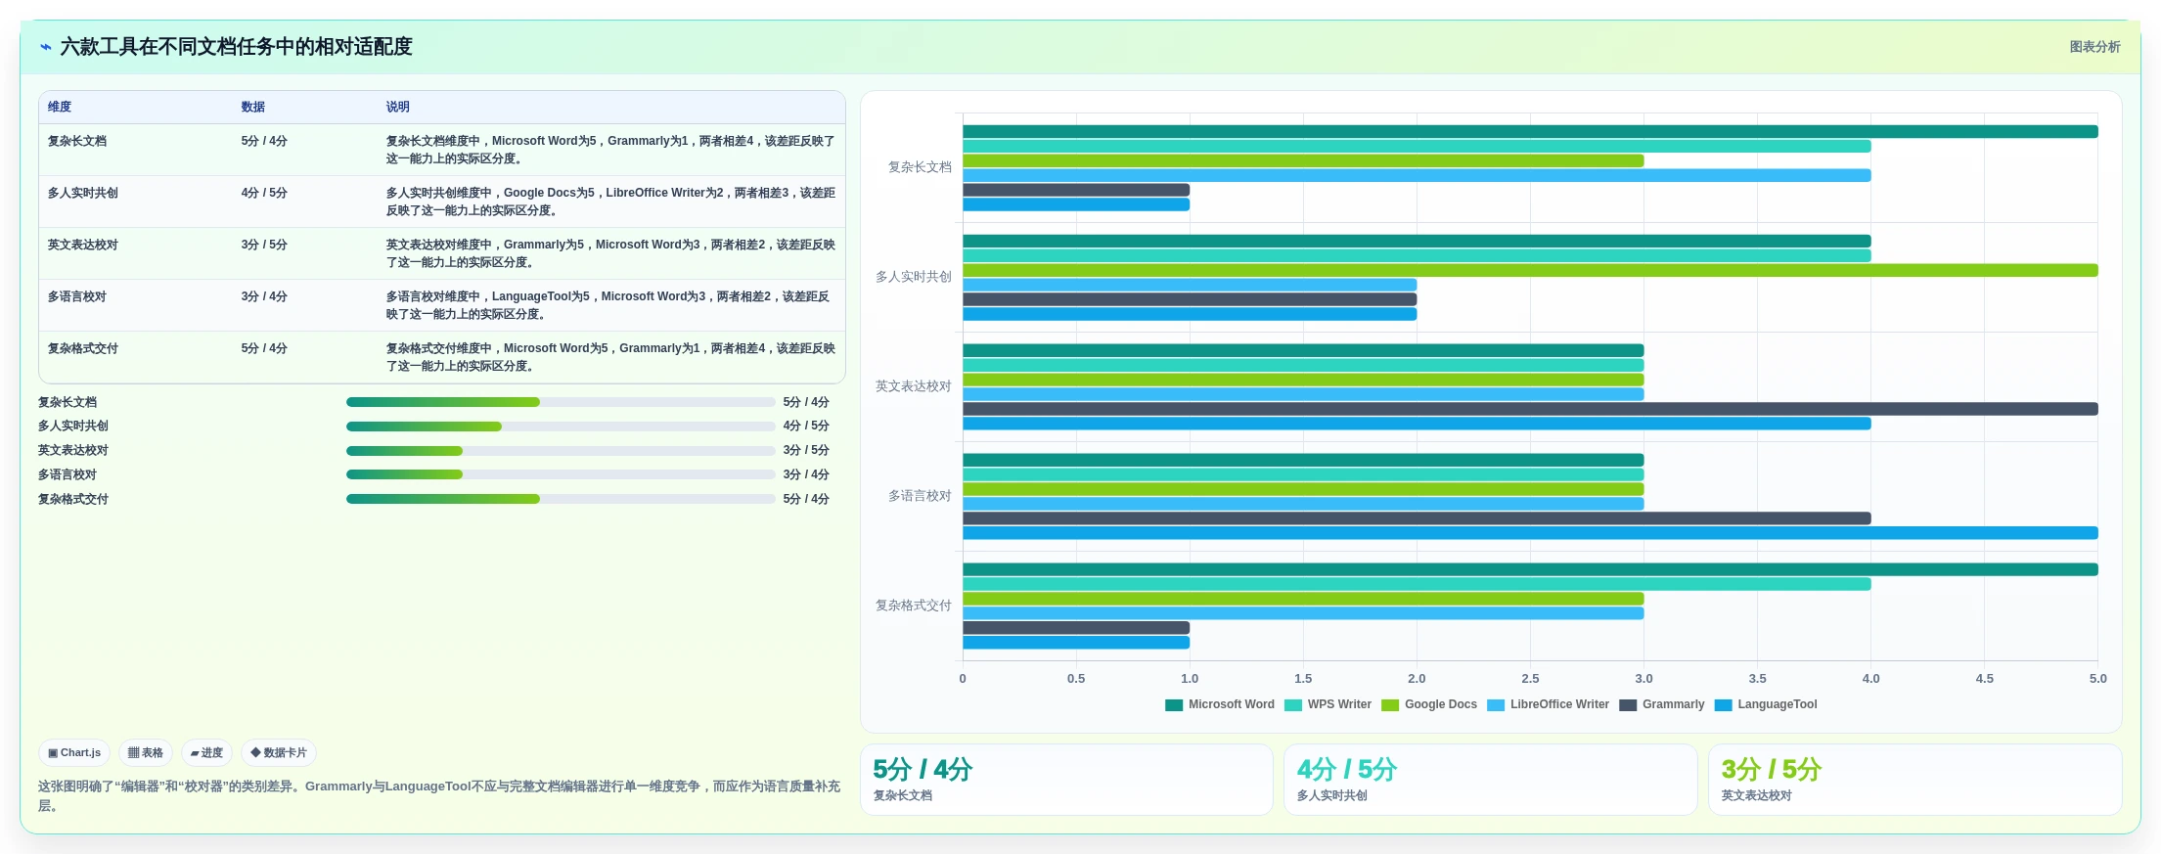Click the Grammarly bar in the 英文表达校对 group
[x=1530, y=409]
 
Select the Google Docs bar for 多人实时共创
[x=1530, y=270]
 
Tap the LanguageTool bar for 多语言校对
[x=1530, y=533]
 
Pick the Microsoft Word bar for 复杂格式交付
[x=1530, y=569]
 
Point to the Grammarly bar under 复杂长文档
[x=1076, y=190]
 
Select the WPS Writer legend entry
[x=1328, y=704]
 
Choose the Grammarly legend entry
[x=1662, y=704]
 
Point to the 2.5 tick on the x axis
[x=1530, y=678]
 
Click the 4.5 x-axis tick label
[x=1984, y=678]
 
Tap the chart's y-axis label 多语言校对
[x=920, y=496]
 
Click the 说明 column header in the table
[x=397, y=107]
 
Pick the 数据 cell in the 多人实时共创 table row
[x=264, y=193]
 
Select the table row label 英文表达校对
[x=83, y=245]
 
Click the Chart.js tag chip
[x=74, y=752]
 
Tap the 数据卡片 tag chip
[x=279, y=752]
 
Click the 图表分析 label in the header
[x=2094, y=47]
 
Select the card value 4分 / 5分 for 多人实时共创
[x=1347, y=770]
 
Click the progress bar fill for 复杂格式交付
[x=443, y=499]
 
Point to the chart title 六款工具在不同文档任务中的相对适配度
[x=236, y=46]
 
